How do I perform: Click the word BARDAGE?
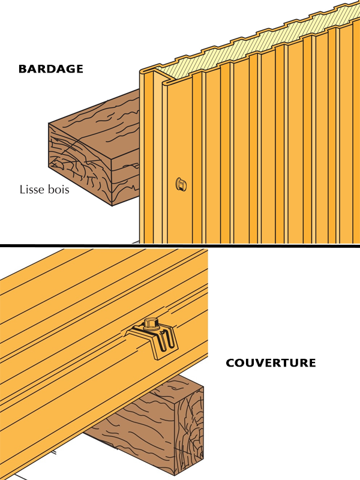coord(50,68)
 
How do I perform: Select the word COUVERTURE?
coord(271,363)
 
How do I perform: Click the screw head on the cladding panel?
coord(179,183)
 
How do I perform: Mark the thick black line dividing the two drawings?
coord(180,245)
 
